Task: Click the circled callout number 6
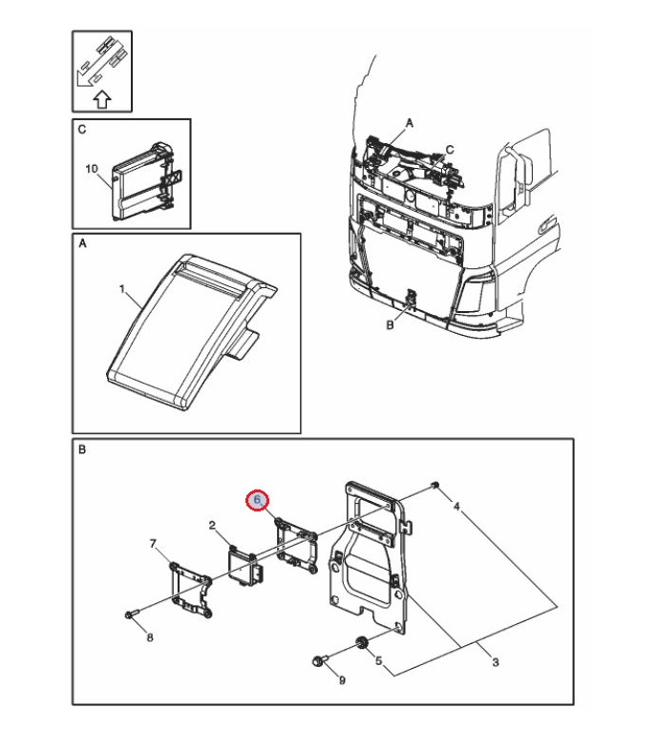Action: click(x=257, y=500)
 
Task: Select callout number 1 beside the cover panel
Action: click(x=122, y=287)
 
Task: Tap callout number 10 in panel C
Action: click(x=92, y=169)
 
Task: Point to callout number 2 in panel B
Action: click(x=212, y=526)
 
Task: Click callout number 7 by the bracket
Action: click(x=153, y=544)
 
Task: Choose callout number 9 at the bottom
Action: click(x=343, y=680)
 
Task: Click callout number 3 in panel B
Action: click(x=495, y=662)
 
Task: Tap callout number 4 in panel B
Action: click(x=456, y=506)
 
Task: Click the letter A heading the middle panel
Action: click(x=82, y=245)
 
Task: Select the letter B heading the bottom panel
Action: click(x=82, y=449)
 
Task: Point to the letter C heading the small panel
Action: click(x=82, y=129)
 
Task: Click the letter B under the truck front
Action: click(x=389, y=325)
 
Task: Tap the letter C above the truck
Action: click(x=451, y=149)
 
